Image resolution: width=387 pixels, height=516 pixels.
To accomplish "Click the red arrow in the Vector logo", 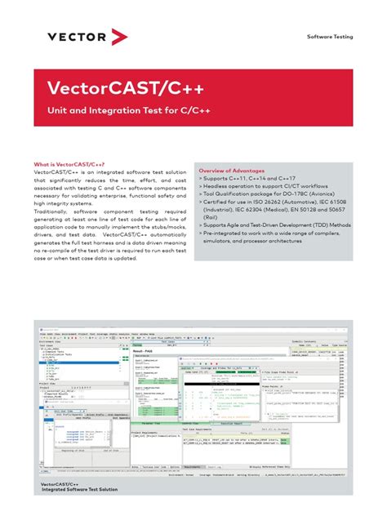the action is (120, 36).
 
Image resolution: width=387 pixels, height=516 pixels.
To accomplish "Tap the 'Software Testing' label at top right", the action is (330, 38).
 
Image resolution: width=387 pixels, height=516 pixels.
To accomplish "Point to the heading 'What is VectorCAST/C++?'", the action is (70, 163).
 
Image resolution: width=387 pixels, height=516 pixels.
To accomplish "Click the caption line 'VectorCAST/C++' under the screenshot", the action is (60, 483).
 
